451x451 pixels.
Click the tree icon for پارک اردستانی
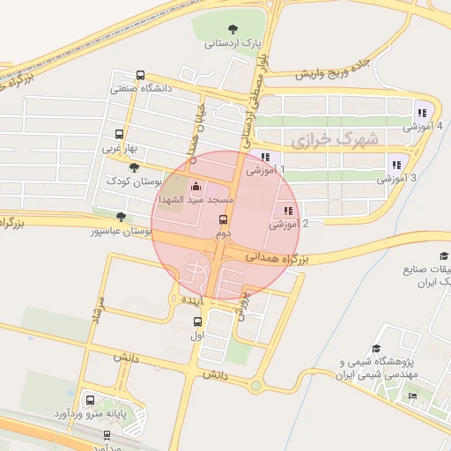point(233,29)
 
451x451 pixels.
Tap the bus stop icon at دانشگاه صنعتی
point(141,76)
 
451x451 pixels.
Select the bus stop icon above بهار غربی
point(119,135)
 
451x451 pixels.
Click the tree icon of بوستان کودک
point(133,167)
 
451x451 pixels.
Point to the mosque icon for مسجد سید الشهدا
point(196,186)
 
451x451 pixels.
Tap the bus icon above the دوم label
point(222,221)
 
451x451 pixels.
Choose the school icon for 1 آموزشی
point(264,157)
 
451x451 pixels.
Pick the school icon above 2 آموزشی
point(288,211)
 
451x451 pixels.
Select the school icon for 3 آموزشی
point(396,163)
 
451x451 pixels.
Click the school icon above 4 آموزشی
point(421,112)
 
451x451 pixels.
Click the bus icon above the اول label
point(197,321)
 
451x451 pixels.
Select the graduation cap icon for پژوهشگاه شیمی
point(377,349)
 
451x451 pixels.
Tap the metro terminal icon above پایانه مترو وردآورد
point(88,398)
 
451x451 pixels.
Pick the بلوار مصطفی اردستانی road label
point(255,97)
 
